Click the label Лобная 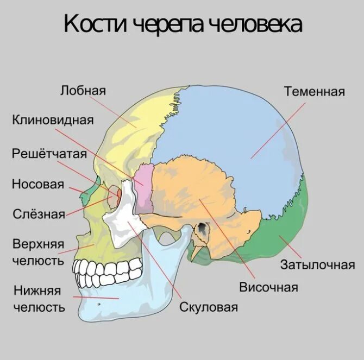pos(83,90)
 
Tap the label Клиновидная pos(53,119)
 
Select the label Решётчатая pos(49,154)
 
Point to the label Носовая pos(38,184)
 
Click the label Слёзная pos(39,214)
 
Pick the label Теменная pos(314,91)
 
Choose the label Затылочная pos(317,266)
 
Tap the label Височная pos(268,287)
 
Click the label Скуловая pos(209,307)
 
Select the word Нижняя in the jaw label pos(37,291)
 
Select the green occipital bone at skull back pos(291,223)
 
